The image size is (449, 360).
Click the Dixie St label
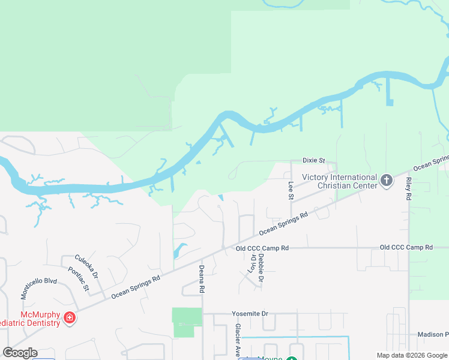pyautogui.click(x=313, y=161)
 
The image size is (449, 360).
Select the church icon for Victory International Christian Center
pyautogui.click(x=387, y=180)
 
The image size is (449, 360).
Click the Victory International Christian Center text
pyautogui.click(x=340, y=181)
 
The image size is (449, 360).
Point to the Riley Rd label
pyautogui.click(x=409, y=188)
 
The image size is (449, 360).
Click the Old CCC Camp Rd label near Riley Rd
pyautogui.click(x=406, y=247)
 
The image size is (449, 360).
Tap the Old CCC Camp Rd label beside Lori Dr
pyautogui.click(x=262, y=248)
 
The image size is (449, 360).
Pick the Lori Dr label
pyautogui.click(x=252, y=265)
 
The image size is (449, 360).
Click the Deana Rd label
pyautogui.click(x=202, y=278)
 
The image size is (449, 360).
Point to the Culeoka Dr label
pyautogui.click(x=86, y=267)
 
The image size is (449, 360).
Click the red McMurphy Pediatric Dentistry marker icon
pyautogui.click(x=70, y=317)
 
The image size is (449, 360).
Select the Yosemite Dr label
pyautogui.click(x=250, y=314)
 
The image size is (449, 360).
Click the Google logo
pyautogui.click(x=20, y=352)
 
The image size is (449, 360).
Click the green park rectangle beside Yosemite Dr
pyautogui.click(x=187, y=322)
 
